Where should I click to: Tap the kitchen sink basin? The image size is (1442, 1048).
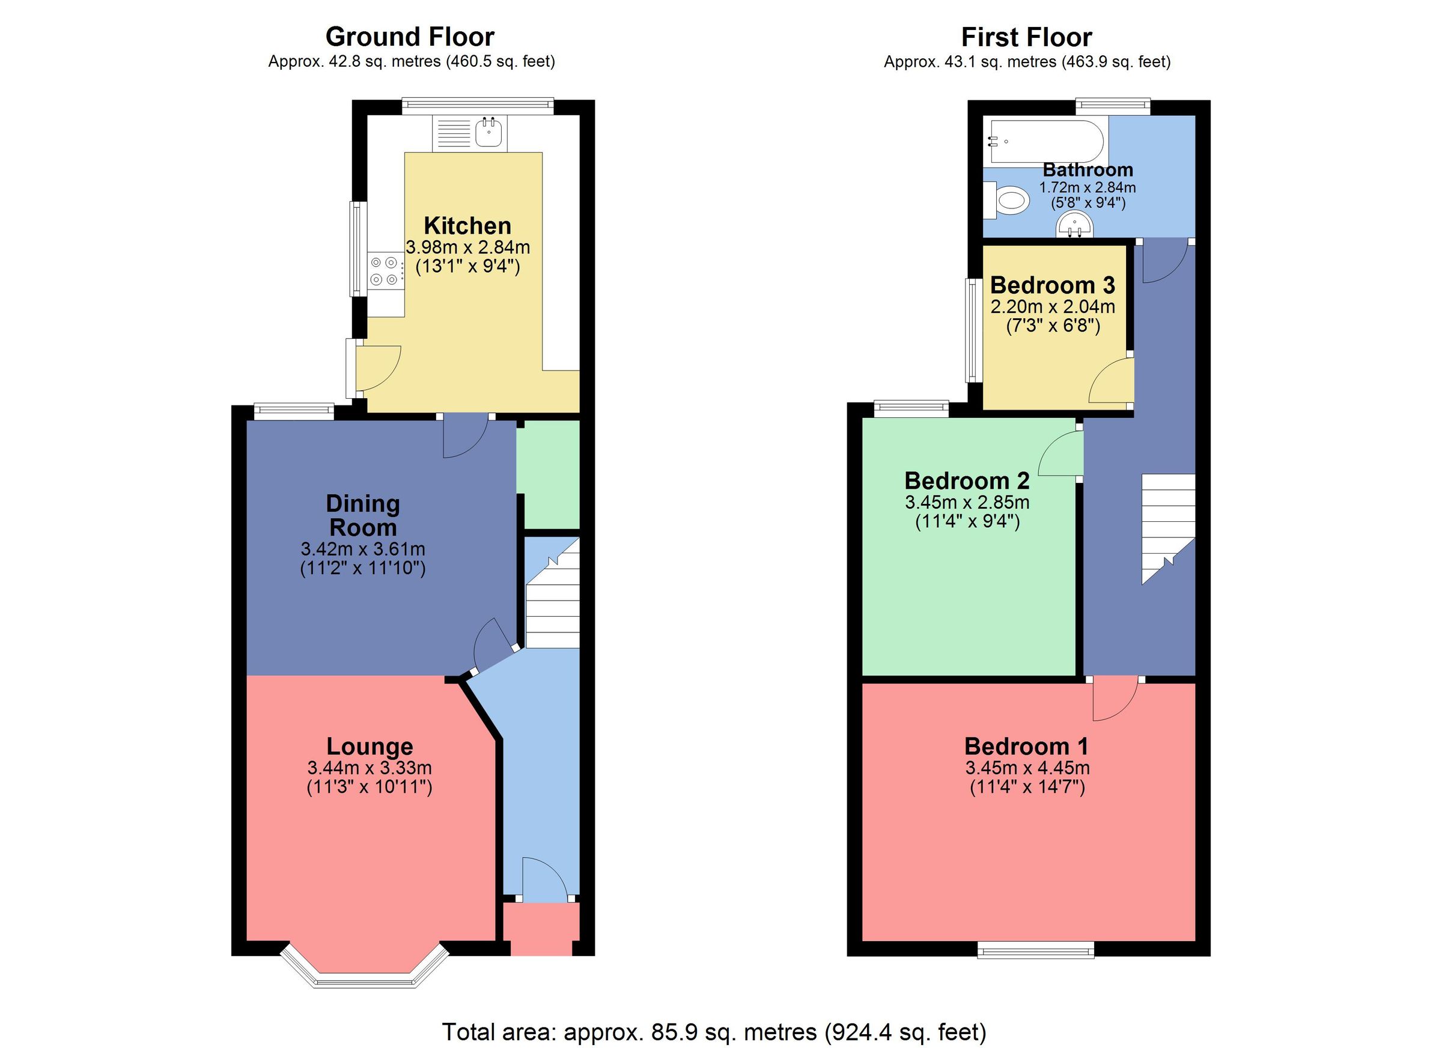point(490,133)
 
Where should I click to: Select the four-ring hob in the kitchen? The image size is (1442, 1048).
point(385,270)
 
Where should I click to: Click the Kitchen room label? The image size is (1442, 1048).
point(467,226)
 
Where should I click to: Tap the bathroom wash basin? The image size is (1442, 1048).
point(1074,226)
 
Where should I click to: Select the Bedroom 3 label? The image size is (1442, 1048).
point(1052,285)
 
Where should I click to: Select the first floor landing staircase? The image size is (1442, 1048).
point(1168,527)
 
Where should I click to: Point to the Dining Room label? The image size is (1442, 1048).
point(362,515)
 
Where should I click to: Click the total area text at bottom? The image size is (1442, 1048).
point(713,1031)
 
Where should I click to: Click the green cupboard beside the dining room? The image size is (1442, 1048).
point(548,474)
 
